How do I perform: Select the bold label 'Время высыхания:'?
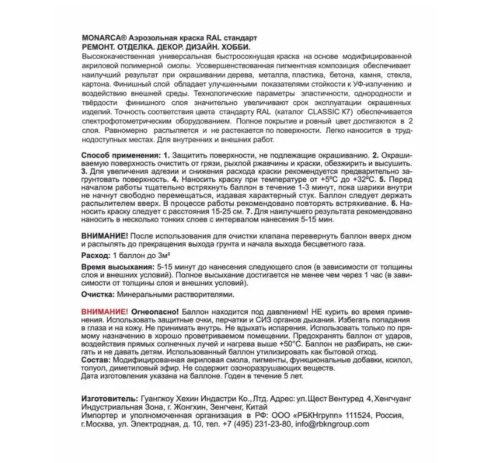(x=117, y=266)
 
